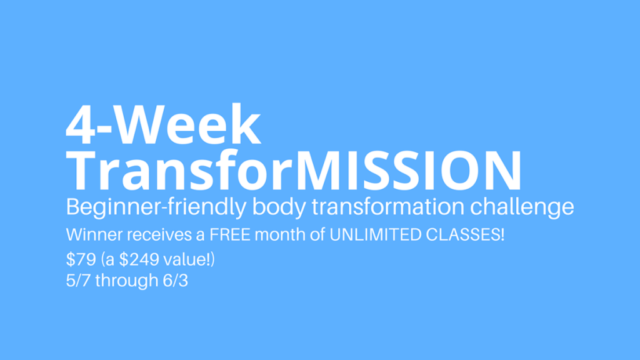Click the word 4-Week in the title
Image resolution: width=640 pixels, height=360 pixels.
point(163,124)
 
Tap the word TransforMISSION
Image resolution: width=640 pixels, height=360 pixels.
point(294,170)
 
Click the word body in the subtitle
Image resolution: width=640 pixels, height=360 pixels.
point(279,207)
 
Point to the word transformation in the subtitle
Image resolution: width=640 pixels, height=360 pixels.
point(387,206)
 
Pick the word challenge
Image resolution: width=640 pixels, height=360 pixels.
point(522,207)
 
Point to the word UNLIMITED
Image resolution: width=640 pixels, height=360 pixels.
point(375,235)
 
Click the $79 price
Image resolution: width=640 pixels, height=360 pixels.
point(81,259)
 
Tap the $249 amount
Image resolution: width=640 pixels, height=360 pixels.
point(139,259)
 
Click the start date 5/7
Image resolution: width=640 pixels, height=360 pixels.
point(78,281)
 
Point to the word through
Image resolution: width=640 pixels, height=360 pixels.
point(127,281)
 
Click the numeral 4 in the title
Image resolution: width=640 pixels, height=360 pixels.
point(81,124)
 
